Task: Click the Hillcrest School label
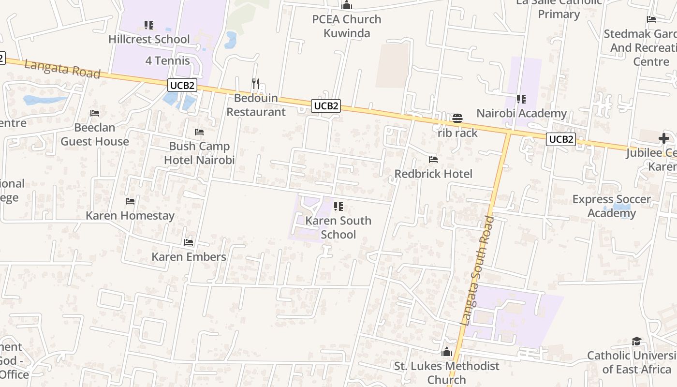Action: [x=149, y=39]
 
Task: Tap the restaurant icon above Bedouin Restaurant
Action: [x=256, y=84]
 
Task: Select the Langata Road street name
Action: [x=62, y=69]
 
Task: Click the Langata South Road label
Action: [x=477, y=271]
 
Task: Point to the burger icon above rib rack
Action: [x=457, y=119]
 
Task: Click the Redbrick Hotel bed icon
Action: [x=433, y=159]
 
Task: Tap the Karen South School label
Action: [x=338, y=227]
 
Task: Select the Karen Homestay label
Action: [x=130, y=215]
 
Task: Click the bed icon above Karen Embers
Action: [x=189, y=242]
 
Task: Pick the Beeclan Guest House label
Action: [x=95, y=134]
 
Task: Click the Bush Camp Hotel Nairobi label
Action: [x=199, y=153]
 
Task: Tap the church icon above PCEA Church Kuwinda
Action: [x=346, y=6]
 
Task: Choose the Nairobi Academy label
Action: [x=521, y=113]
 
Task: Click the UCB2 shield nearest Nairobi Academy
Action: [x=561, y=139]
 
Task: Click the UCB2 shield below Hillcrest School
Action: [x=183, y=86]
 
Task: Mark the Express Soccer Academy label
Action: [x=611, y=206]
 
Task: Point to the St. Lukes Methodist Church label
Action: [x=446, y=372]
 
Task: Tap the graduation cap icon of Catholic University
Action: [x=636, y=342]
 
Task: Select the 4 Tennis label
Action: [x=167, y=61]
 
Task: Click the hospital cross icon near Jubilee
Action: [x=664, y=138]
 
